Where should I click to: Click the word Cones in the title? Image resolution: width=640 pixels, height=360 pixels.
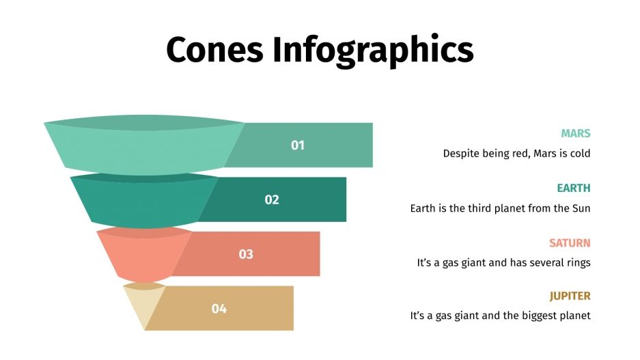click(x=214, y=49)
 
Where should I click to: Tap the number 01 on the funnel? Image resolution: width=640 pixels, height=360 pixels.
click(x=298, y=145)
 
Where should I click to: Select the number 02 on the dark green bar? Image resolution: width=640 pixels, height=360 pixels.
click(x=272, y=199)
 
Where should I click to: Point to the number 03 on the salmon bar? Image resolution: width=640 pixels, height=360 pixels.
click(x=246, y=254)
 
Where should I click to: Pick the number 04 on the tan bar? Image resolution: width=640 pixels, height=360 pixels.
click(x=219, y=309)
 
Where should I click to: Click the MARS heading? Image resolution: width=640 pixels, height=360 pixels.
click(x=575, y=133)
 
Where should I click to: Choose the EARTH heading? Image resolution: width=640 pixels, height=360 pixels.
click(x=573, y=188)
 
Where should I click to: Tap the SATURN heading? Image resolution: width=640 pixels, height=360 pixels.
click(x=570, y=243)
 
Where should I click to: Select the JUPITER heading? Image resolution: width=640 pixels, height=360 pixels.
click(x=570, y=296)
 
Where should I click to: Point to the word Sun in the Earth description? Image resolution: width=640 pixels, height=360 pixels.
click(x=581, y=208)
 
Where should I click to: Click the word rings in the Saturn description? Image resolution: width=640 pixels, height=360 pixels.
click(x=577, y=262)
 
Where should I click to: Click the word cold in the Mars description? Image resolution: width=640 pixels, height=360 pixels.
click(x=580, y=154)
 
